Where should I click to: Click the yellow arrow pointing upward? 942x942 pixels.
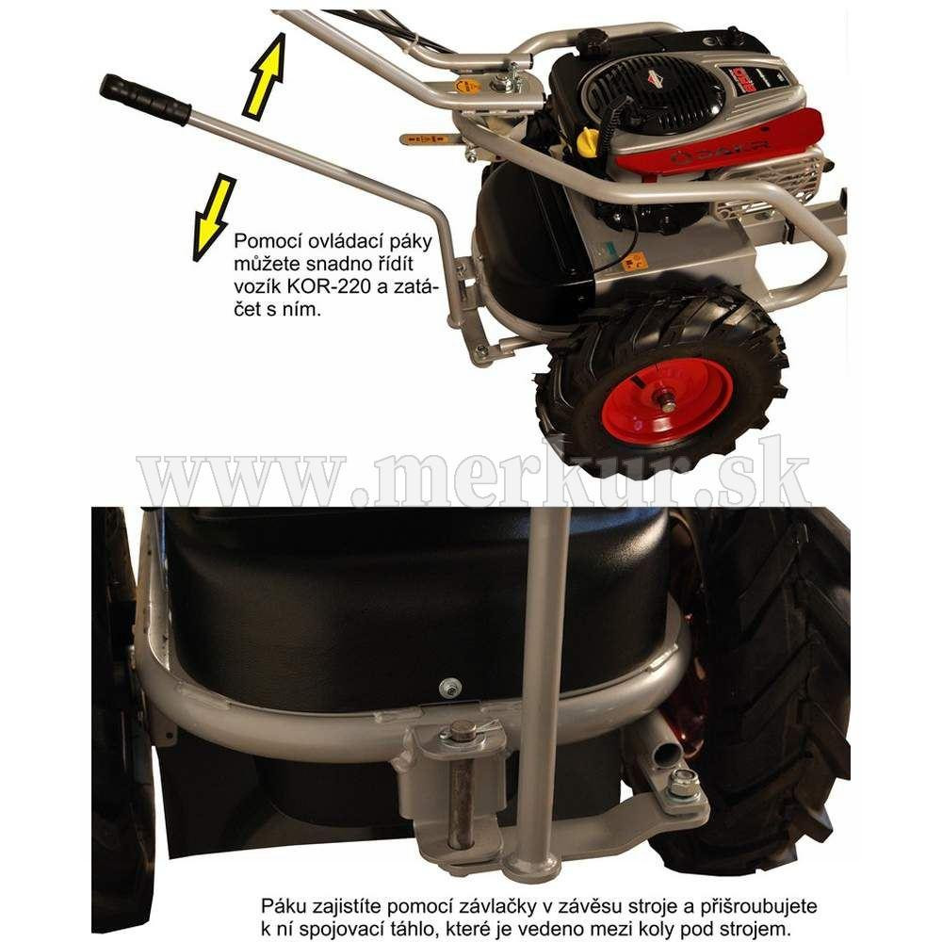click(x=265, y=75)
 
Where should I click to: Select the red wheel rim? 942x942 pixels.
click(x=667, y=400)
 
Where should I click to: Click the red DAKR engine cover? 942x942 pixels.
click(x=718, y=142)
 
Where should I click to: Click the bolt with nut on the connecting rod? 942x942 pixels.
click(x=682, y=782)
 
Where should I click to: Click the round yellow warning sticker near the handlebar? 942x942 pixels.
click(x=468, y=86)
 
